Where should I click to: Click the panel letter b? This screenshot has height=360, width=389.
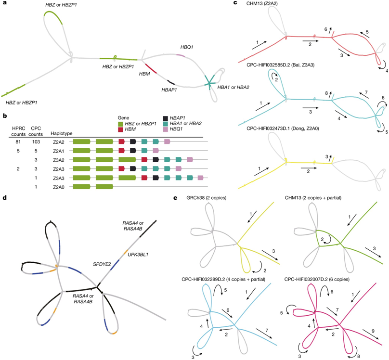(5, 116)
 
